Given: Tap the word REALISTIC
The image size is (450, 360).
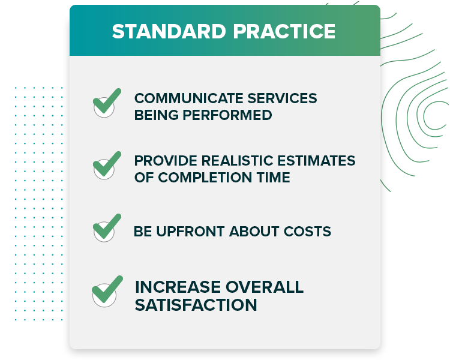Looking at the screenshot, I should (x=235, y=161).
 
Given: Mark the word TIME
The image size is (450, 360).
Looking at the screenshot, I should (x=275, y=178).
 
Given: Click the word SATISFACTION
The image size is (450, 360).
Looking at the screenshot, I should (x=196, y=305).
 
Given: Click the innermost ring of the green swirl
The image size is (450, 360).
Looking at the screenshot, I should (x=434, y=115).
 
